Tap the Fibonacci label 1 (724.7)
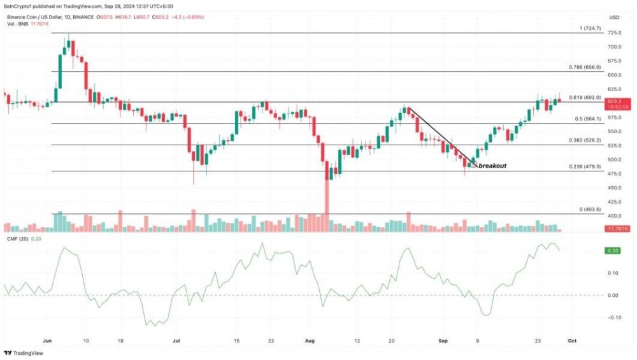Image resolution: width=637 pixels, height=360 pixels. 587,28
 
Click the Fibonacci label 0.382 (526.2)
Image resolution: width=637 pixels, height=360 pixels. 583,140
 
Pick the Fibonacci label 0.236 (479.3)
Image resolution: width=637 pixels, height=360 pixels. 583,167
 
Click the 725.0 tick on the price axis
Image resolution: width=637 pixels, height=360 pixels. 615,32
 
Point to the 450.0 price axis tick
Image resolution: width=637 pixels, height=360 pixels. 615,187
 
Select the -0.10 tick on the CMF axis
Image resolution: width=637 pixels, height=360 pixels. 614,317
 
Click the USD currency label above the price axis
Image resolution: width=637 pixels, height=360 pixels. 614,17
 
